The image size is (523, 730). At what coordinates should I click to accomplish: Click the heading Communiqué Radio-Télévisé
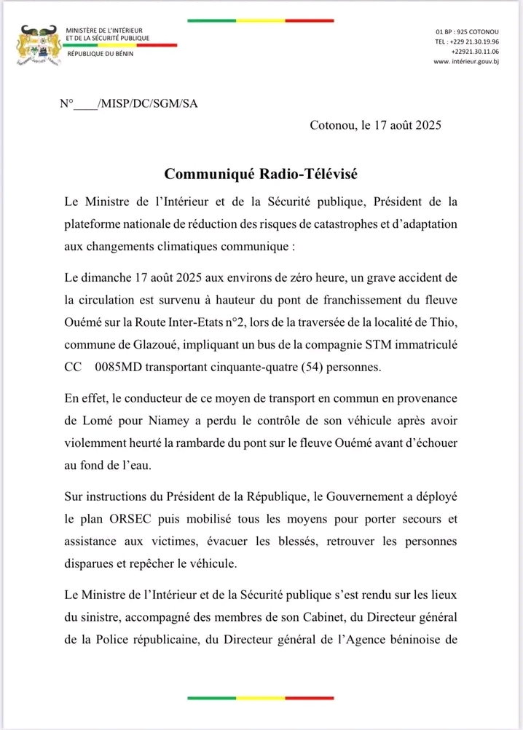pos(261,175)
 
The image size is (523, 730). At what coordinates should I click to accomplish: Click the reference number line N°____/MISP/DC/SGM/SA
pos(128,103)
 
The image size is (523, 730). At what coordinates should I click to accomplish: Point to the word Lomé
pos(101,421)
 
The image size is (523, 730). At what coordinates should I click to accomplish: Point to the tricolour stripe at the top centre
pos(260,20)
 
